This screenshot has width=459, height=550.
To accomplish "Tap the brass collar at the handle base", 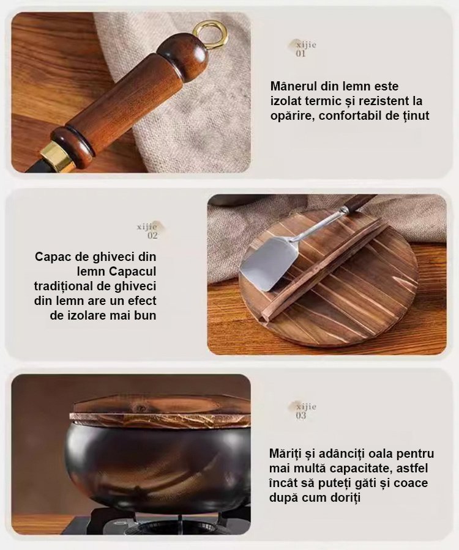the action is point(57,155).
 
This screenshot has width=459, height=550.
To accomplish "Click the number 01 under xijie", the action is point(301,54).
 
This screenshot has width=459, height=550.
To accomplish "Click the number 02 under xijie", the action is point(152,236).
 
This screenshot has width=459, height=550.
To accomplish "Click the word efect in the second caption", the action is point(142,301).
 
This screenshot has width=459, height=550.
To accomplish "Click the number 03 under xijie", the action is point(301,416).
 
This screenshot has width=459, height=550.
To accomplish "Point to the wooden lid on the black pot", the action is point(160,412).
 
